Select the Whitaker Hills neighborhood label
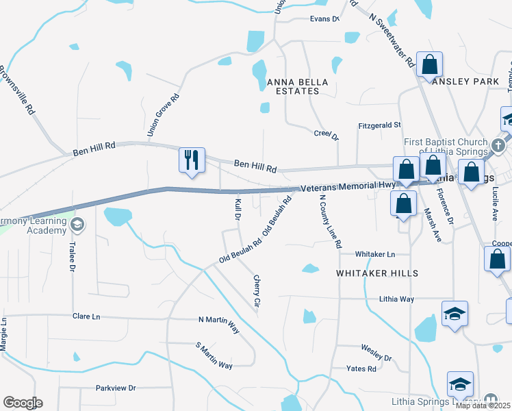(376, 273)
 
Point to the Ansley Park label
(466, 81)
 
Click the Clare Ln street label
(86, 316)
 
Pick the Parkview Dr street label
(116, 388)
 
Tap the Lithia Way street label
(397, 299)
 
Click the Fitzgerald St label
(379, 125)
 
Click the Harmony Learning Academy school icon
(78, 225)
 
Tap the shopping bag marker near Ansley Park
(430, 66)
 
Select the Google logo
(23, 403)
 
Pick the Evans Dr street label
(324, 18)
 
